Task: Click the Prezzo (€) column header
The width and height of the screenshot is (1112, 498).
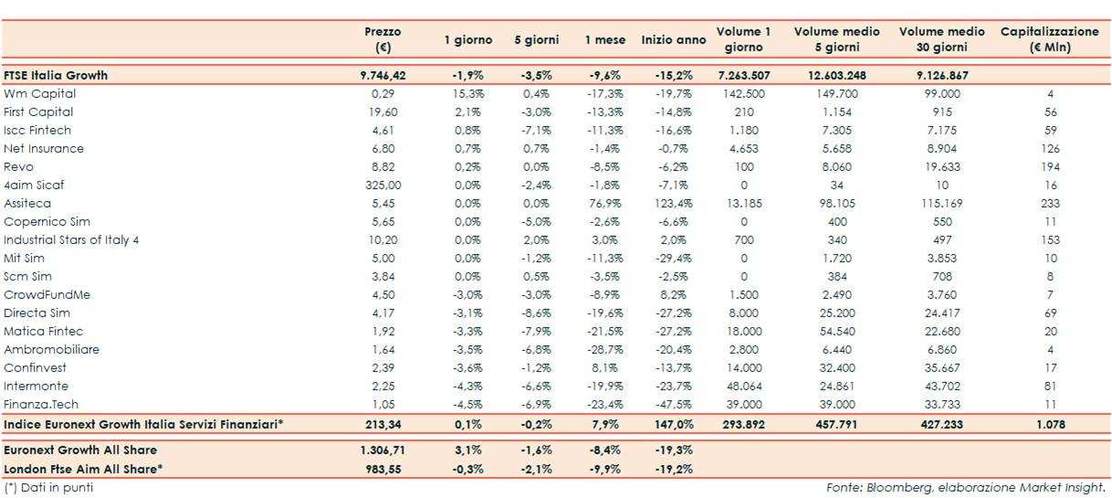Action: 383,39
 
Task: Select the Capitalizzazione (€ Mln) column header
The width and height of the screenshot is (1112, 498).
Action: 1049,39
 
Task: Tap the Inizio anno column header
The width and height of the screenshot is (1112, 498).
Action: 673,40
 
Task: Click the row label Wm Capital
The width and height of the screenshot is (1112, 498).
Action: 39,94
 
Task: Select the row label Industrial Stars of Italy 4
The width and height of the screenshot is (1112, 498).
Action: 71,240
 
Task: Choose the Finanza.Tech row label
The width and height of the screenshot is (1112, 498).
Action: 37,405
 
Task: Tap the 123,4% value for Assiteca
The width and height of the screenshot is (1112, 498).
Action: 674,204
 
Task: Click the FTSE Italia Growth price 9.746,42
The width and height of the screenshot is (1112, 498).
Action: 383,76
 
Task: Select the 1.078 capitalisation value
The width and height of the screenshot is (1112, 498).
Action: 1049,425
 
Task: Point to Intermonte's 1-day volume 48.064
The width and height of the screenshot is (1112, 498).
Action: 743,387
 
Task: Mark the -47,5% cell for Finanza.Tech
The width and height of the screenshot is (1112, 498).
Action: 674,405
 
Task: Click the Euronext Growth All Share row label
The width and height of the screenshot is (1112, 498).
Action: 80,450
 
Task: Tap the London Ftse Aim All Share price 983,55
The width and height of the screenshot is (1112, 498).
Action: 383,469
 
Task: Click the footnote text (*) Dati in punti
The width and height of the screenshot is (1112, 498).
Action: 48,488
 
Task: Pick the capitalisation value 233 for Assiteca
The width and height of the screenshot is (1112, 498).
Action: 1049,204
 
